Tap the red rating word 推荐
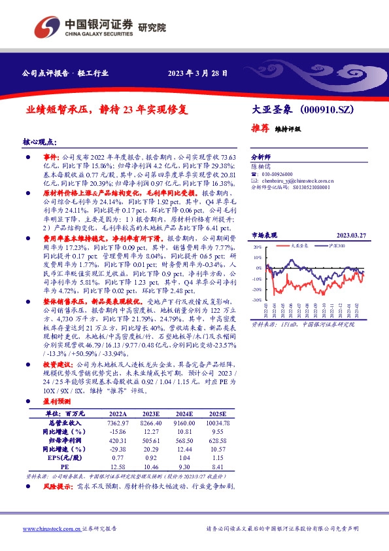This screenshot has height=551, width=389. tap(261, 128)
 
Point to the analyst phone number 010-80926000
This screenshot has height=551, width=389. tap(282, 174)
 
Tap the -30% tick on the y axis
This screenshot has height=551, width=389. tap(257, 300)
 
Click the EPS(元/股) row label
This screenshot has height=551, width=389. tap(63, 459)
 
